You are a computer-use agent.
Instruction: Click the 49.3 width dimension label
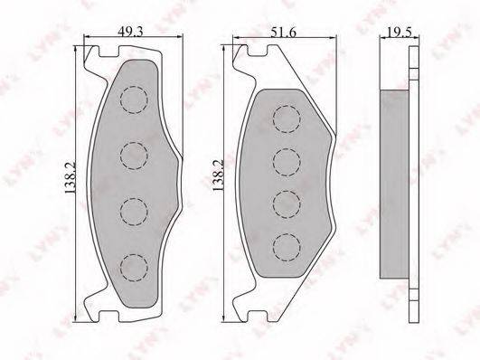(x=131, y=32)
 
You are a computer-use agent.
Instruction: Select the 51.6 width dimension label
(x=283, y=33)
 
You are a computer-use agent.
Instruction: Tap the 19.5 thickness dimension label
(x=400, y=32)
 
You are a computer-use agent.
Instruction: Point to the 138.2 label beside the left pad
(x=71, y=177)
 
